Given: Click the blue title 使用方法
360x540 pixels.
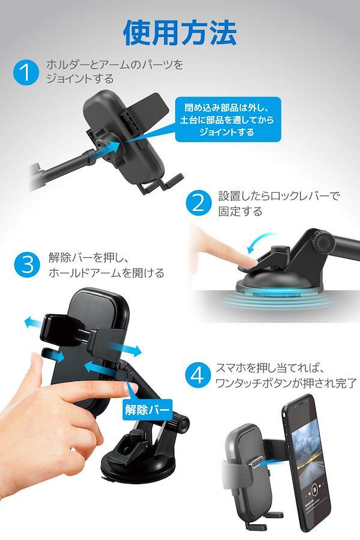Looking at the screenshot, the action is (x=180, y=33).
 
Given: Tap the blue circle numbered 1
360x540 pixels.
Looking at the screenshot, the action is (x=26, y=72).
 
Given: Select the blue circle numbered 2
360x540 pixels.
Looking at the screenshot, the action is (x=199, y=203).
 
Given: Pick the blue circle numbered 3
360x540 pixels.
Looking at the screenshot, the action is (x=27, y=265).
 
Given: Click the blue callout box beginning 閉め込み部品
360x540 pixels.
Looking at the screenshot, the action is (x=228, y=119).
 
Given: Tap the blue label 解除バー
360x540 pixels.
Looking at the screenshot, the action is (x=148, y=409).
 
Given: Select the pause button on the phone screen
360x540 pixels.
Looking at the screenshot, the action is (x=314, y=488).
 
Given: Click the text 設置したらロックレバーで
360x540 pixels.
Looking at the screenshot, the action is (x=279, y=196).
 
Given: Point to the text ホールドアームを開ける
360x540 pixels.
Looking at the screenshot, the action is (x=106, y=273).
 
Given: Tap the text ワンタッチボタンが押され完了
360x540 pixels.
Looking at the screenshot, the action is (x=286, y=383).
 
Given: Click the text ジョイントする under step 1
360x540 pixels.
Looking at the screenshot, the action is (x=80, y=79).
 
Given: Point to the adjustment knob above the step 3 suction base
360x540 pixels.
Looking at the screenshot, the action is (x=179, y=422).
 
